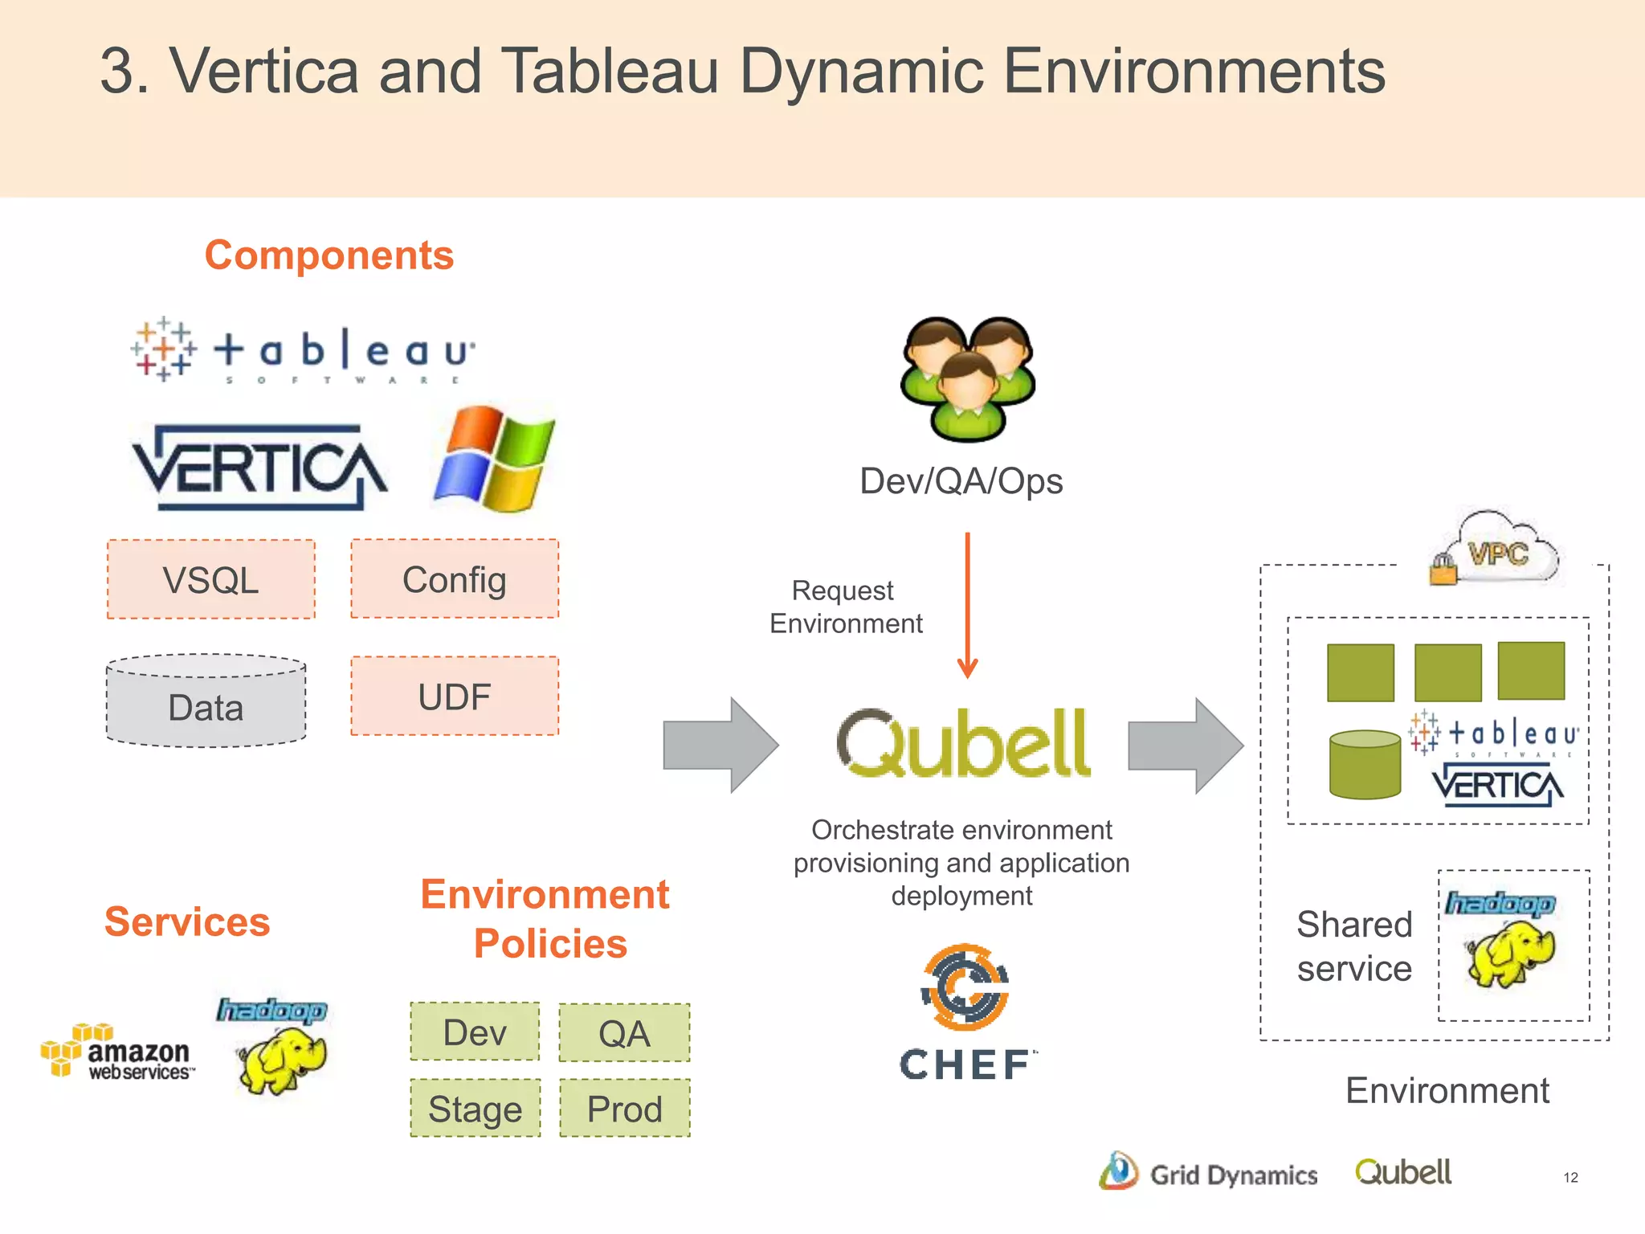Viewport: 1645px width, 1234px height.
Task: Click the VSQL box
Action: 211,579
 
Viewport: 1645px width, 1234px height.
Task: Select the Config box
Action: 455,578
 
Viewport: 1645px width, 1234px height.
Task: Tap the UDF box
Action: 455,696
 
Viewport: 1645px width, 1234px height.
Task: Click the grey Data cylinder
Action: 206,702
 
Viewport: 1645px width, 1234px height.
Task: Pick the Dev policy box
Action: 475,1032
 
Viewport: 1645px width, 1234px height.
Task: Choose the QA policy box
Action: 624,1032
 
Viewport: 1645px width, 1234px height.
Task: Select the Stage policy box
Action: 475,1108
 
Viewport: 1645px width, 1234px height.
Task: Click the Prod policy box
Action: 624,1108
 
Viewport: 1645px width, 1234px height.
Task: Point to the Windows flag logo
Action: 494,460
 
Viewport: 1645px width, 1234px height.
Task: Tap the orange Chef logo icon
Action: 965,987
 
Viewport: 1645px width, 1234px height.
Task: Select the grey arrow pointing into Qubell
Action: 720,746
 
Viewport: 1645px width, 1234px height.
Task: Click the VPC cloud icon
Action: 1495,551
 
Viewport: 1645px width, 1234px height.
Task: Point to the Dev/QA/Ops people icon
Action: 968,378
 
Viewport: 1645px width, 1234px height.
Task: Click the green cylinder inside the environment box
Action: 1365,764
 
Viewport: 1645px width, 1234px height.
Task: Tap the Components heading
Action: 329,255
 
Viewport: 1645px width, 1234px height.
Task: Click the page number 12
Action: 1570,1178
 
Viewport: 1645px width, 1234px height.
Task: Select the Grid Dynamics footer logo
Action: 1209,1173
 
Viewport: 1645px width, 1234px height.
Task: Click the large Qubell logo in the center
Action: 963,743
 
